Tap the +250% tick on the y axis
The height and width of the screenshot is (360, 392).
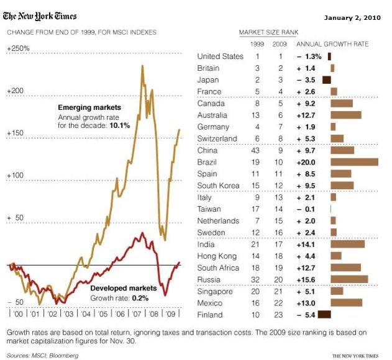click(18, 48)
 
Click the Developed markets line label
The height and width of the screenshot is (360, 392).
click(123, 288)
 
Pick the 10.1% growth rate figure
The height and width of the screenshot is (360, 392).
click(119, 125)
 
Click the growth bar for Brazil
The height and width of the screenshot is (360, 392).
click(354, 162)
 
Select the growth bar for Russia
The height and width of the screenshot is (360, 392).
click(349, 279)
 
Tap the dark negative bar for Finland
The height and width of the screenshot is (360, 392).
click(324, 315)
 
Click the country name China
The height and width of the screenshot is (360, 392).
click(207, 150)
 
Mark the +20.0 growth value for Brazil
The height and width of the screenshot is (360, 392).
click(309, 162)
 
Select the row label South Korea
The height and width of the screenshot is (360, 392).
click(218, 185)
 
